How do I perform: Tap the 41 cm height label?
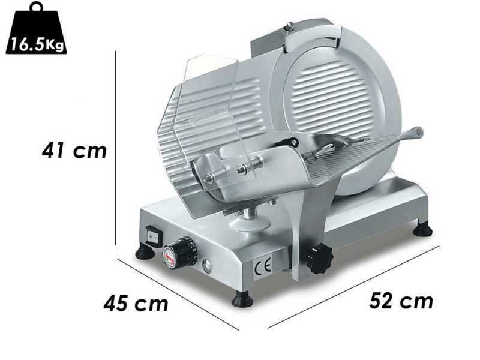[x=74, y=150]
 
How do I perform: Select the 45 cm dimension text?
[x=136, y=303]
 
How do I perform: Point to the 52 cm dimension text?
[x=400, y=300]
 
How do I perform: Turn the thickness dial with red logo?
[x=184, y=252]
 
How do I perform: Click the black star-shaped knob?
[x=319, y=259]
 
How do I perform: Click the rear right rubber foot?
[x=423, y=229]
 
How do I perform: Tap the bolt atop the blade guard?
[x=290, y=26]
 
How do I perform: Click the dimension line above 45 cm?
[x=177, y=293]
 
